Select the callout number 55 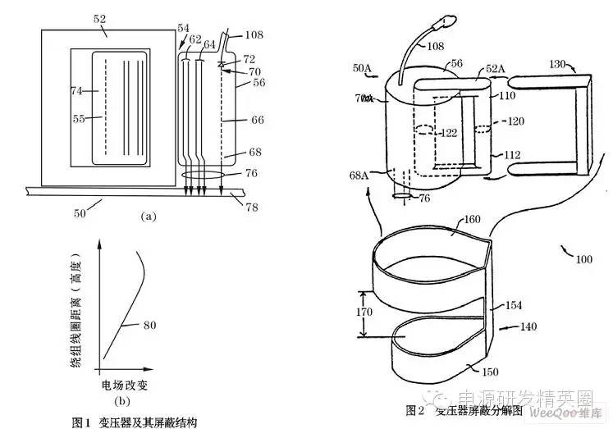pos(80,120)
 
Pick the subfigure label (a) pos(148,217)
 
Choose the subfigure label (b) pos(123,401)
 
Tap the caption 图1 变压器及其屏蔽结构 pos(135,422)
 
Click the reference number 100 pos(583,259)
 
